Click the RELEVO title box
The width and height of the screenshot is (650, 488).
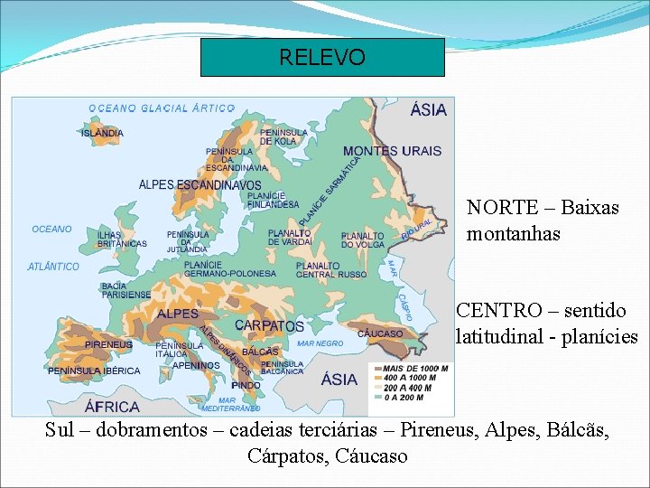click(x=322, y=58)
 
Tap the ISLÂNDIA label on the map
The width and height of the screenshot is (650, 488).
click(x=102, y=133)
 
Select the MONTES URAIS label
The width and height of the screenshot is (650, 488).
click(x=392, y=151)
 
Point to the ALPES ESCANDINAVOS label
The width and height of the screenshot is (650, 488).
click(x=200, y=185)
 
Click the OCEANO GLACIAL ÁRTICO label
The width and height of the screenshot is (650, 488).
click(x=162, y=108)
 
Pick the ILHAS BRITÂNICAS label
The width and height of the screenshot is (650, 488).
click(x=122, y=239)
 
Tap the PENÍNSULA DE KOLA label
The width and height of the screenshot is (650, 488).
click(x=283, y=136)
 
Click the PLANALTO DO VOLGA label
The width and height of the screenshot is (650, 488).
click(x=362, y=240)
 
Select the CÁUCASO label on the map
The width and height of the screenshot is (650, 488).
click(x=380, y=333)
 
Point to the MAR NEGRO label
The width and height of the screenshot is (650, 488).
click(x=320, y=343)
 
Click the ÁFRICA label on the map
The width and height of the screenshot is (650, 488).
click(x=112, y=406)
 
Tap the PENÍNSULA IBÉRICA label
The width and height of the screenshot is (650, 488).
click(x=94, y=371)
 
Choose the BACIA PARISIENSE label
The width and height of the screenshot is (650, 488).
click(x=126, y=290)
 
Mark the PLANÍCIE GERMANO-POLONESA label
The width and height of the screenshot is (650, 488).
click(x=229, y=268)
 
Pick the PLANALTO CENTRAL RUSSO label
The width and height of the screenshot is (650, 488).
click(x=331, y=269)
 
